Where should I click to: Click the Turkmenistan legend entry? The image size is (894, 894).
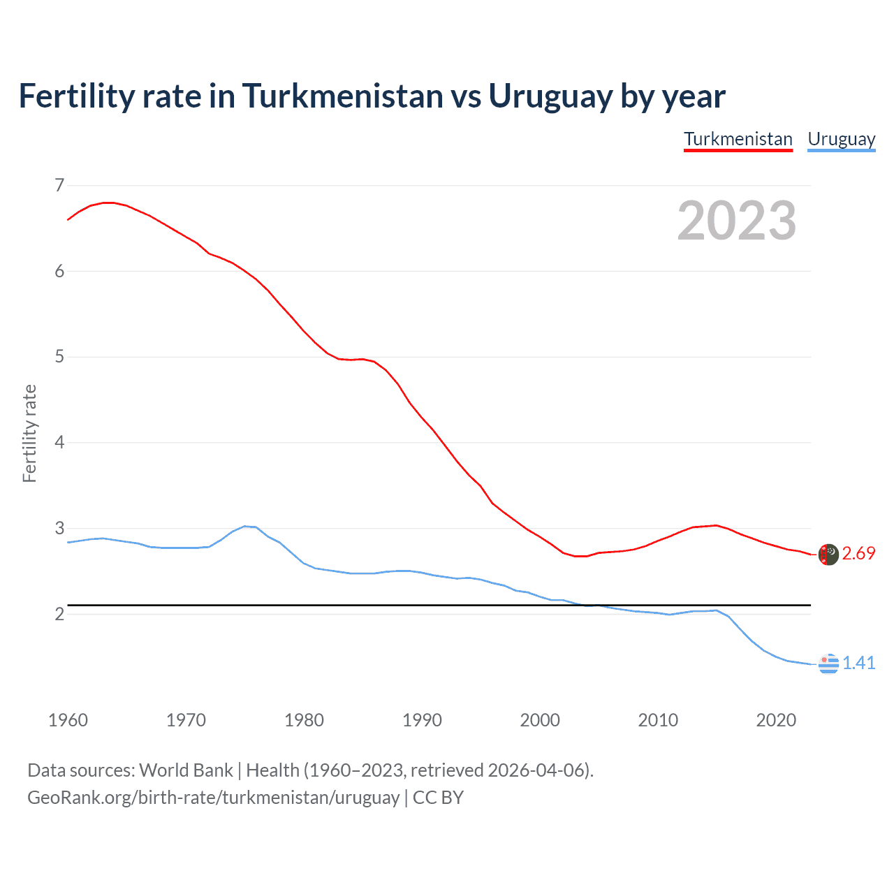click(738, 139)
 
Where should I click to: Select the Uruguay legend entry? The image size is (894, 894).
click(841, 139)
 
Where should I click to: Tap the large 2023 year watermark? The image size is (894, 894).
click(736, 221)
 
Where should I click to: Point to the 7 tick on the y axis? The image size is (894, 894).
click(59, 185)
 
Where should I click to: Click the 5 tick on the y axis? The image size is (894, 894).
click(59, 357)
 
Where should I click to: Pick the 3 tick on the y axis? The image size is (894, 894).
click(59, 528)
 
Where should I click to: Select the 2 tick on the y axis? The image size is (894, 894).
click(59, 614)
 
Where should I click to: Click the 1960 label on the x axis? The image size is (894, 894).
click(68, 720)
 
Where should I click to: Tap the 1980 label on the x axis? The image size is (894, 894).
click(304, 720)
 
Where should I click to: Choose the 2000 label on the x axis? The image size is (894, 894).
click(540, 720)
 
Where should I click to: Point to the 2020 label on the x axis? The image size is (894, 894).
click(776, 720)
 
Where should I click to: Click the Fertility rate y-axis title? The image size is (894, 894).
click(29, 433)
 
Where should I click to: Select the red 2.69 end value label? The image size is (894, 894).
click(858, 554)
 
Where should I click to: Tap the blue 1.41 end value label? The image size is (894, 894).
click(858, 663)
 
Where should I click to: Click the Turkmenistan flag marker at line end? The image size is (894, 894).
click(828, 555)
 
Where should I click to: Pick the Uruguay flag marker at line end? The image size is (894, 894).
click(828, 664)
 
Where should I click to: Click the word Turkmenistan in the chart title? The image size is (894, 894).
click(342, 96)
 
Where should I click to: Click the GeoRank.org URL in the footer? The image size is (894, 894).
click(213, 798)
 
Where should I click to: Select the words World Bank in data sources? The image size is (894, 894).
click(186, 770)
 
